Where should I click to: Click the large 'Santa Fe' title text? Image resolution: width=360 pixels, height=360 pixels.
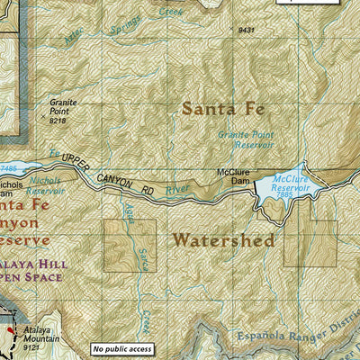point(223,109)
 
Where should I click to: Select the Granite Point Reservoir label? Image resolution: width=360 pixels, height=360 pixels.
point(246,139)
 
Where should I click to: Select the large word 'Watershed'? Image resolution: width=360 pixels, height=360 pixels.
point(222,240)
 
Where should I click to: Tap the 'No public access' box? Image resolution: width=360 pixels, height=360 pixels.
point(121,349)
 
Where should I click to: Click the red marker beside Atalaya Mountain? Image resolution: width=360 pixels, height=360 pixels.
point(11,331)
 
